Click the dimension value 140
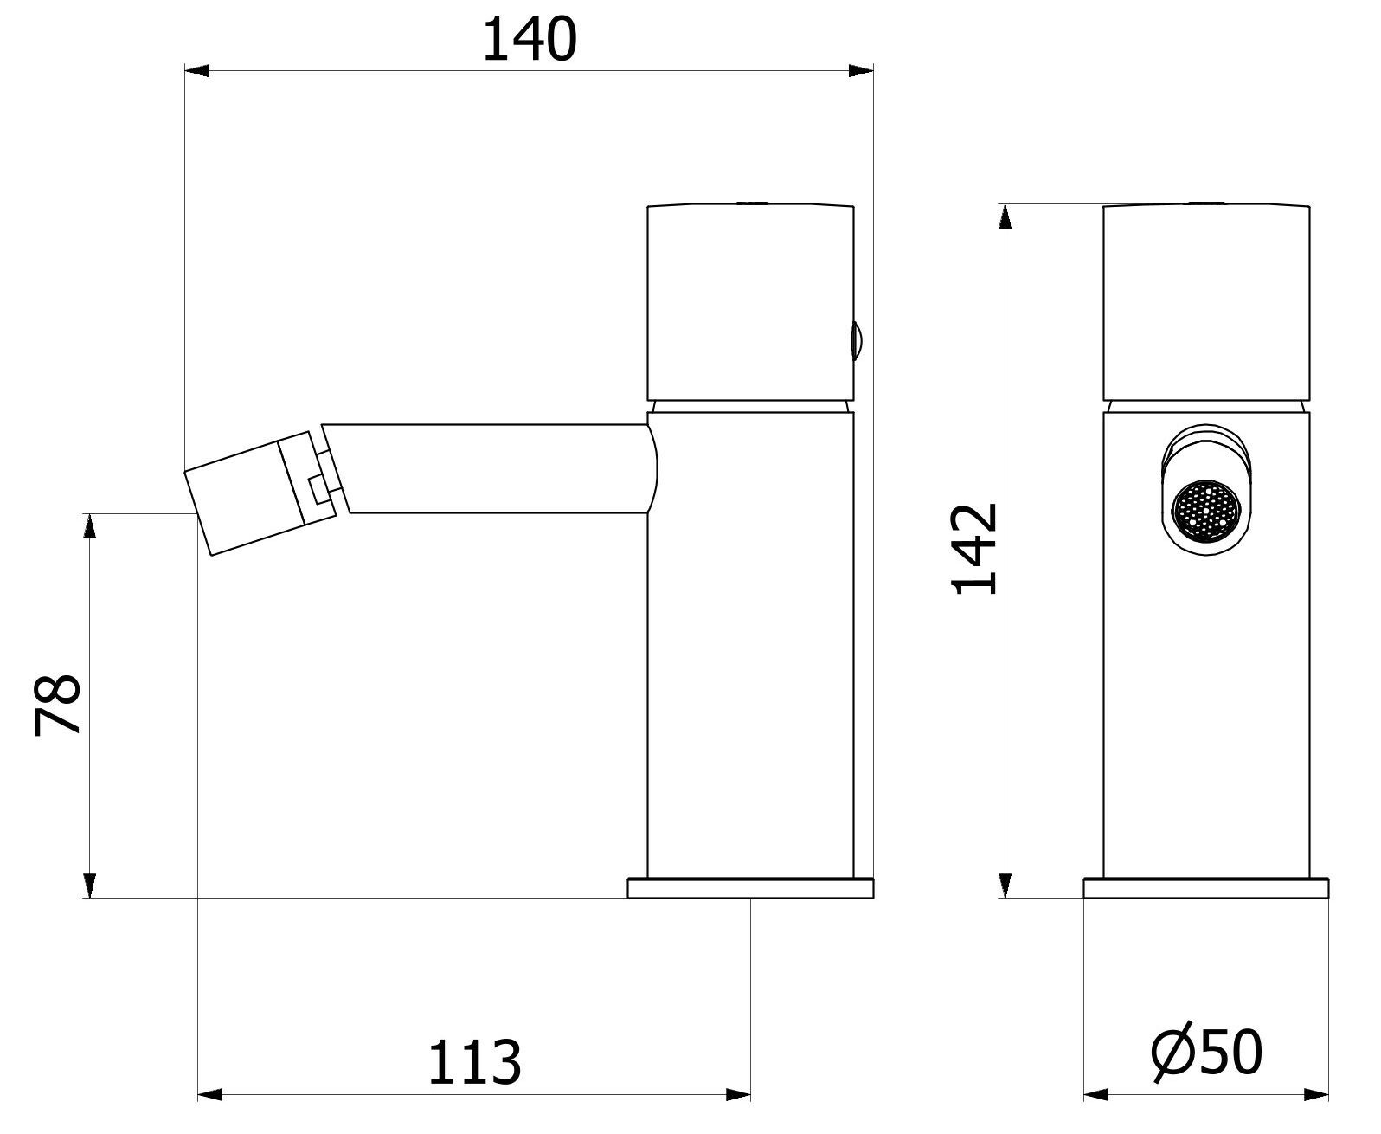pos(528,41)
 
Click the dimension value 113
pos(475,1062)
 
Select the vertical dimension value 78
pos(58,705)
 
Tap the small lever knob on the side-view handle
pos(857,340)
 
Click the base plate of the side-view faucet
pos(750,889)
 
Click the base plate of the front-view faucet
pos(1206,889)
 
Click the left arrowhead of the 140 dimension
pos(198,71)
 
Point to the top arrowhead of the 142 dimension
pos(1005,216)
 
